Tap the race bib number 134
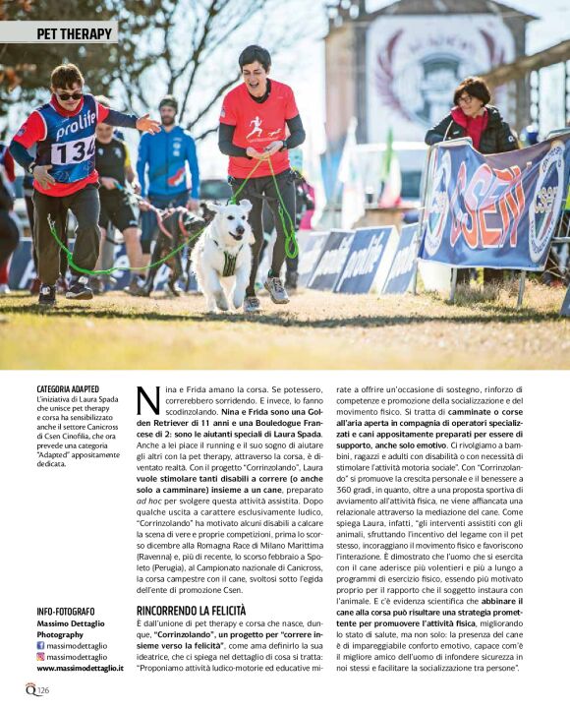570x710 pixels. pos(72,151)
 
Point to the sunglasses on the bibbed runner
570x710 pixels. pos(69,94)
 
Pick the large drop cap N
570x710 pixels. pos(147,400)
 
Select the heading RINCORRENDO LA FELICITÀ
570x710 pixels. pos(191,611)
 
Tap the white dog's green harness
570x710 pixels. pos(229,261)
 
